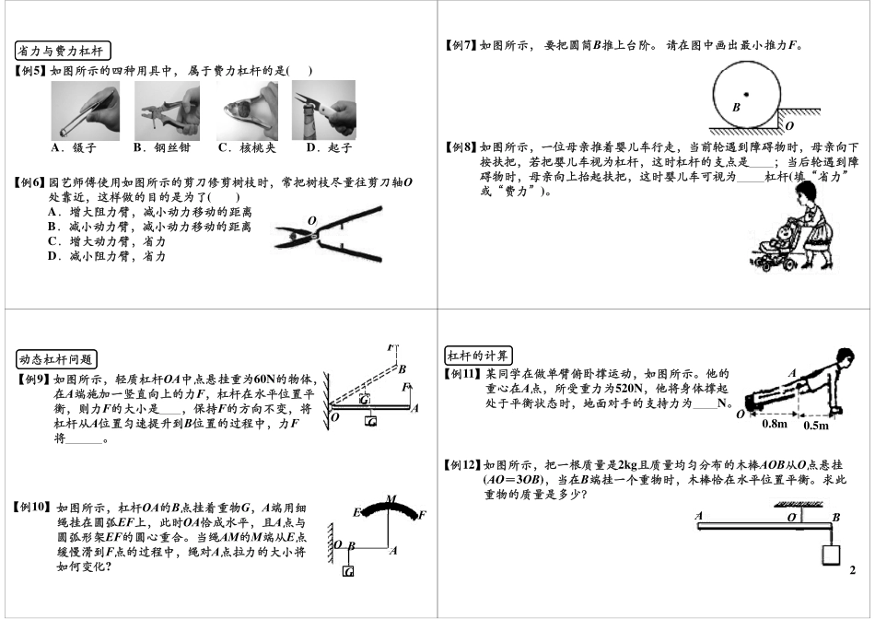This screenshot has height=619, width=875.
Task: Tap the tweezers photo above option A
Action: [x=85, y=110]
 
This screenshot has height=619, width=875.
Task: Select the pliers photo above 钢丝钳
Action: [x=167, y=110]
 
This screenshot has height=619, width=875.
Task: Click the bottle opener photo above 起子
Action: [x=323, y=110]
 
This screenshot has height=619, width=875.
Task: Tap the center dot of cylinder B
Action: [x=746, y=93]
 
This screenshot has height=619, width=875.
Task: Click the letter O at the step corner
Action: [x=789, y=125]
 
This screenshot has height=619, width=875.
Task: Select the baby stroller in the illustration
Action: [x=773, y=249]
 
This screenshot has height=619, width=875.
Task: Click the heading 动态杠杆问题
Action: [x=57, y=358]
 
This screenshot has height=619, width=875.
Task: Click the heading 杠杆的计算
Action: [x=479, y=356]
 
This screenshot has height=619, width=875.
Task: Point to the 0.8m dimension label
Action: [x=776, y=426]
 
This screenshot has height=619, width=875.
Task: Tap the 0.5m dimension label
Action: [x=816, y=426]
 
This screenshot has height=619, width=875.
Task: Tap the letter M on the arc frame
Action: [x=391, y=499]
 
